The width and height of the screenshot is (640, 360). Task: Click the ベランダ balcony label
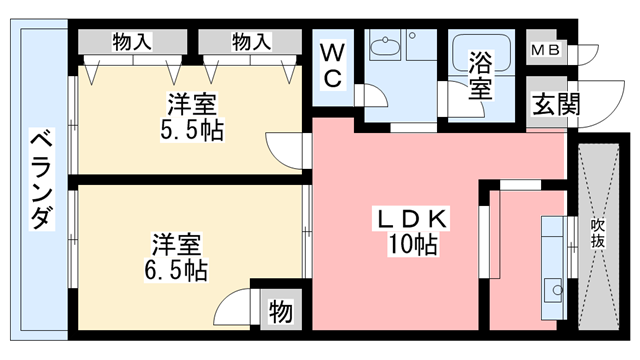tap(40, 180)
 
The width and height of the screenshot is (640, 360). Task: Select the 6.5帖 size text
tap(179, 270)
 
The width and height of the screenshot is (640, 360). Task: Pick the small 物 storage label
tap(280, 312)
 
